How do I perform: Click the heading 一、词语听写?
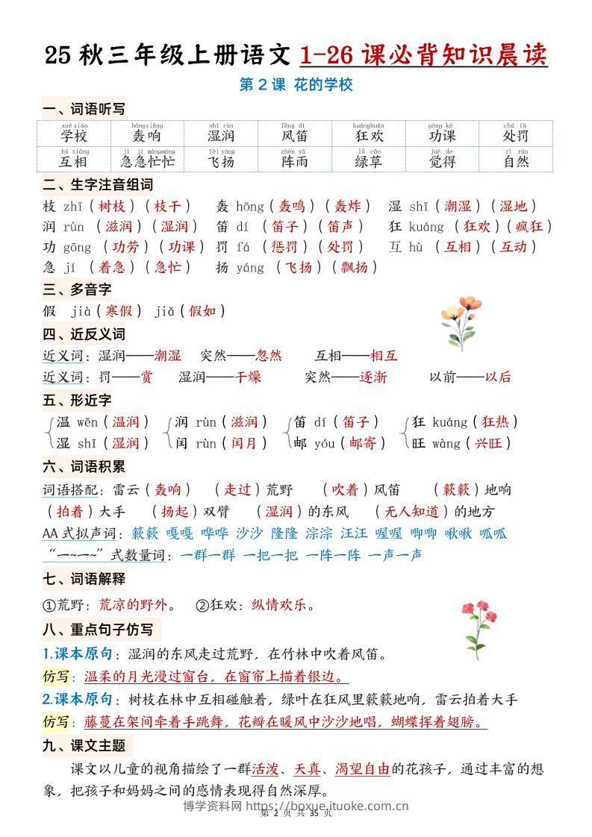[83, 110]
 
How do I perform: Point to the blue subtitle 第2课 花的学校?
[296, 85]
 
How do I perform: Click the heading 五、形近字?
[77, 401]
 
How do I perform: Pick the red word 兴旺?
[489, 443]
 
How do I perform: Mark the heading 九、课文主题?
[84, 744]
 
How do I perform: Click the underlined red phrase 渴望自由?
[362, 768]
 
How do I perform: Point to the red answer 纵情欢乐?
[279, 605]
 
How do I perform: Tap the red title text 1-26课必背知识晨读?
[423, 54]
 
